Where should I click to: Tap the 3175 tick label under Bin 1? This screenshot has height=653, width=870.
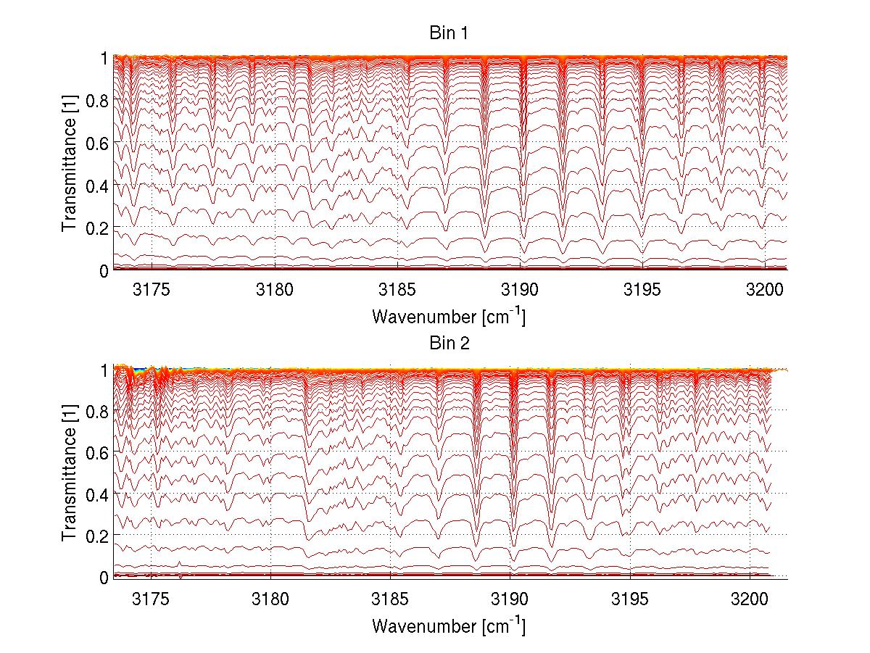(x=152, y=290)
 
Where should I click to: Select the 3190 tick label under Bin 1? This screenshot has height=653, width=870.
(x=520, y=290)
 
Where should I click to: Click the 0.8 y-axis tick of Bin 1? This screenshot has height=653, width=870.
(x=97, y=100)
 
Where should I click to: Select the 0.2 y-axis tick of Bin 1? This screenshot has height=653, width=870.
(x=97, y=228)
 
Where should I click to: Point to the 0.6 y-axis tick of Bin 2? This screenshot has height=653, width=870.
(x=97, y=452)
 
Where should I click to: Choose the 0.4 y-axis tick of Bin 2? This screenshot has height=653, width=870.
(x=97, y=494)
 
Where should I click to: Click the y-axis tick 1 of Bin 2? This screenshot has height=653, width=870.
(x=104, y=369)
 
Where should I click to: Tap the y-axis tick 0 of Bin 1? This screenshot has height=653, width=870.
(x=104, y=270)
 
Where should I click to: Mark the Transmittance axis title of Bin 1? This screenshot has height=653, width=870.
(x=70, y=163)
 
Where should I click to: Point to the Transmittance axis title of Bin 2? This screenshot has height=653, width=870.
(x=70, y=473)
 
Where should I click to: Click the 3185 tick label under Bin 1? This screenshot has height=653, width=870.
(x=397, y=290)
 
